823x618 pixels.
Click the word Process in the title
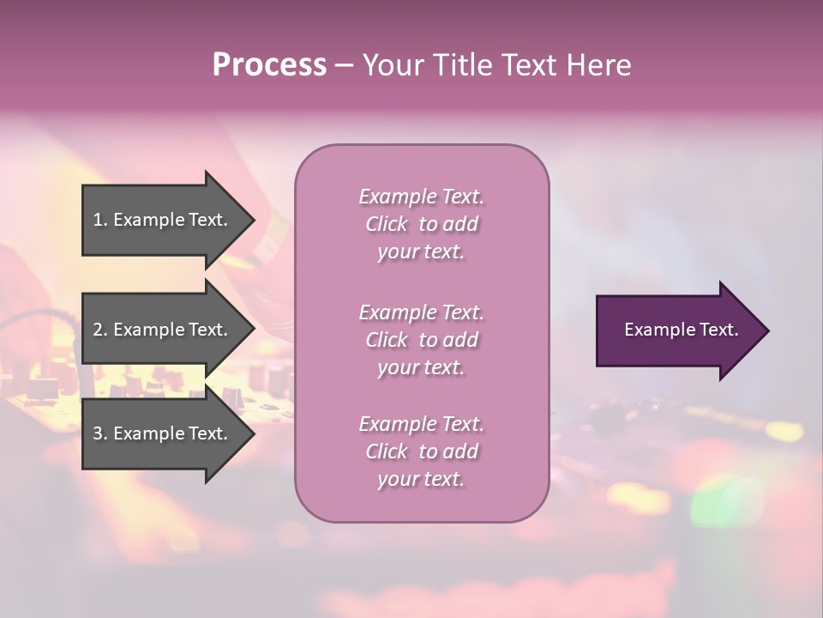point(269,65)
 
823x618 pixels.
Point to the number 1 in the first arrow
point(98,220)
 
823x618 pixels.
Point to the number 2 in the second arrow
point(98,330)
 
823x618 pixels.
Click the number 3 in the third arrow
point(98,433)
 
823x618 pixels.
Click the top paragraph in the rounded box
point(421,224)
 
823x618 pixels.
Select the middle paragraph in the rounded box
point(421,340)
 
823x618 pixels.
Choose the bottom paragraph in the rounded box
point(421,451)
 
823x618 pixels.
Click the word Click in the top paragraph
point(387,224)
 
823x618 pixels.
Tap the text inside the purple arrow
point(682,330)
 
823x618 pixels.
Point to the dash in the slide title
point(344,65)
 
